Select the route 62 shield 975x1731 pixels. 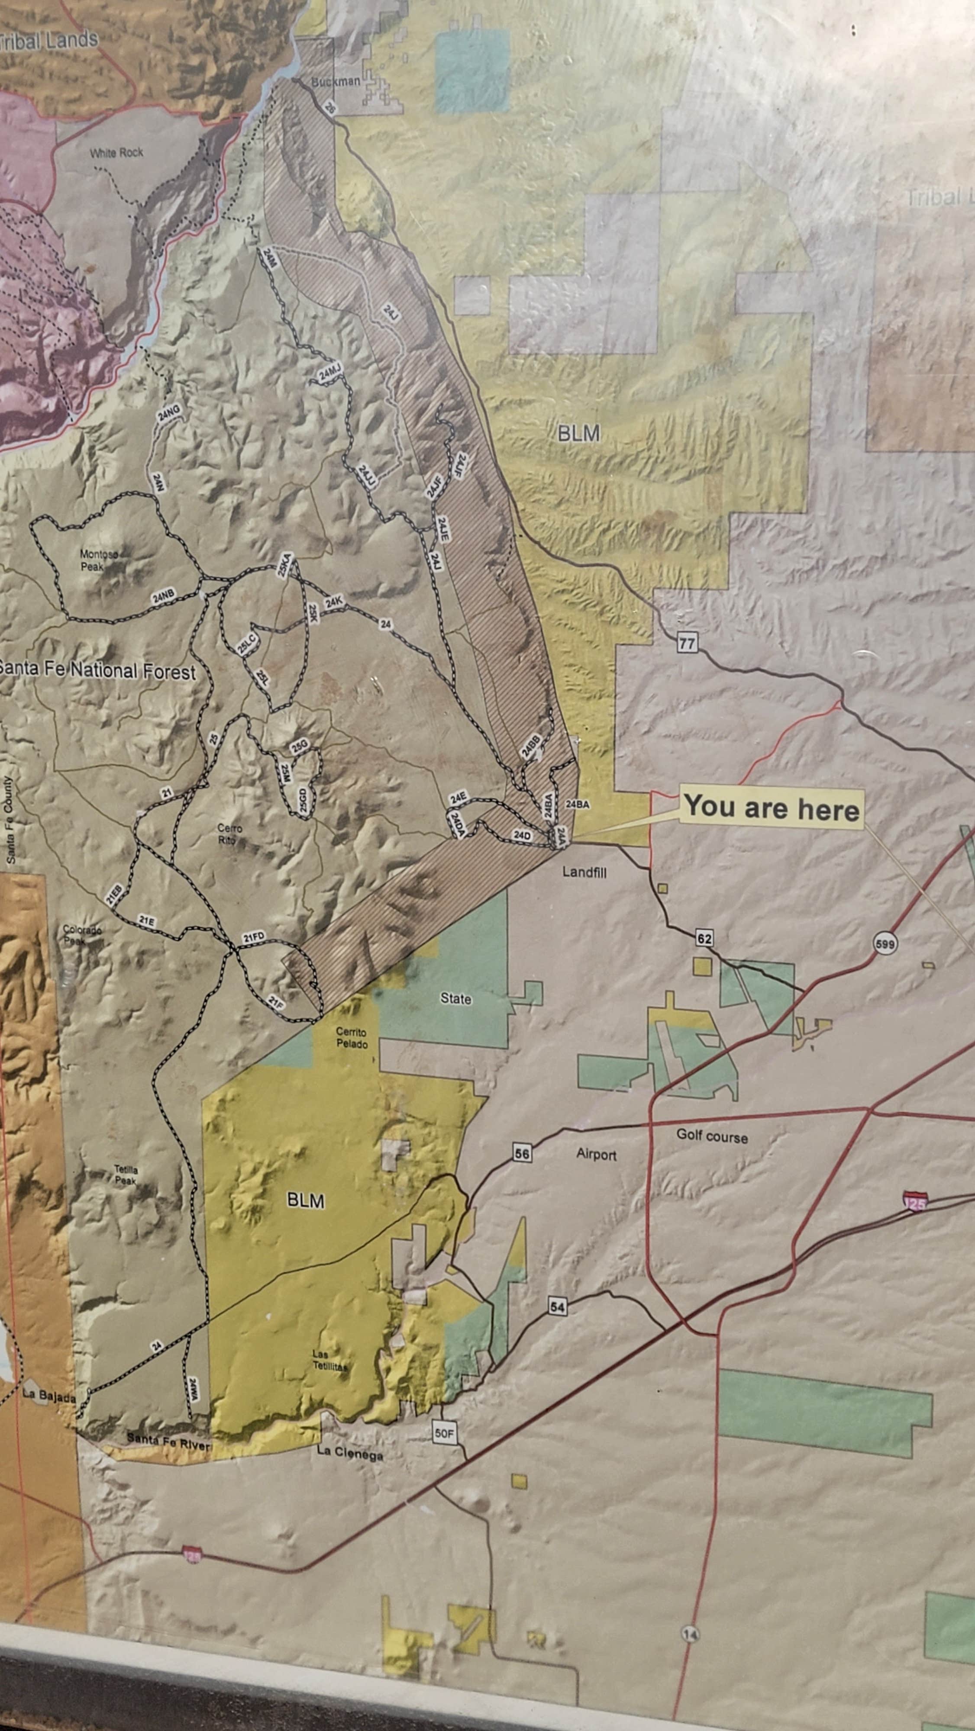(x=704, y=939)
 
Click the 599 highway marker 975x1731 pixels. (x=885, y=943)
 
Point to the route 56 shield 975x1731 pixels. (x=522, y=1154)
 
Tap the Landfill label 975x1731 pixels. (x=584, y=872)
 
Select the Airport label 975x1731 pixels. (x=596, y=1155)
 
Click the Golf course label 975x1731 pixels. (x=711, y=1136)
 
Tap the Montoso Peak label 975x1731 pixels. (x=98, y=560)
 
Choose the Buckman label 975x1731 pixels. (x=336, y=81)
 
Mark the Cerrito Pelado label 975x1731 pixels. (x=352, y=1038)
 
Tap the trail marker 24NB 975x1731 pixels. (x=163, y=595)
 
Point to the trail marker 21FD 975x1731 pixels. (x=254, y=937)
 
